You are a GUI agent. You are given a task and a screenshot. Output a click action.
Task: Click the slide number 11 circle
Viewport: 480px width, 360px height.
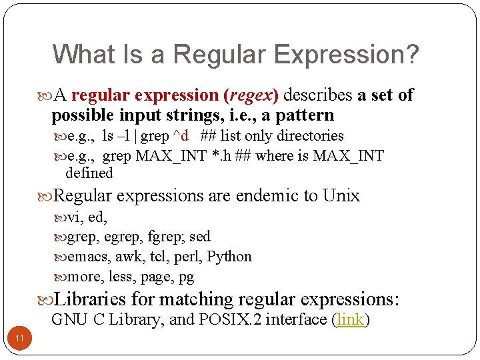click(20, 339)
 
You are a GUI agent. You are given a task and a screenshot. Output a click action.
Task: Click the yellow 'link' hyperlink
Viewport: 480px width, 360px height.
click(351, 319)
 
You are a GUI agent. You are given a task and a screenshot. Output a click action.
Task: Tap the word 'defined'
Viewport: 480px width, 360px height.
click(89, 173)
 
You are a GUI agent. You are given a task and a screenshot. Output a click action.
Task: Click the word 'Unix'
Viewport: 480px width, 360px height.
click(341, 195)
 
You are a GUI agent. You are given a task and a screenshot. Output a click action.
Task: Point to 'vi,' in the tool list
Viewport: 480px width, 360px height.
click(76, 217)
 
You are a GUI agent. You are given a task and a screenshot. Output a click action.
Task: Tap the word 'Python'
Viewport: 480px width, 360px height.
click(229, 257)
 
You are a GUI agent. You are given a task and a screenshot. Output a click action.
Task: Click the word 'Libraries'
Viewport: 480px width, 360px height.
click(89, 299)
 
